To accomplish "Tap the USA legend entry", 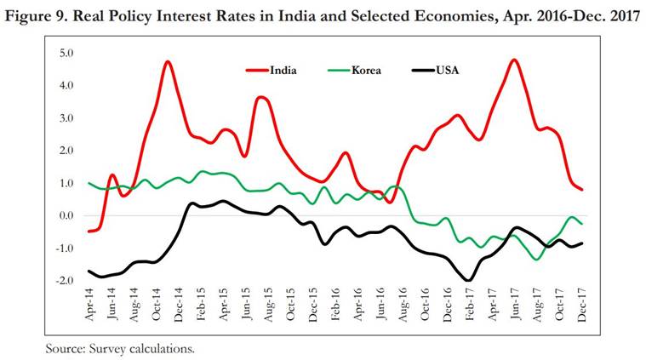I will (431, 70).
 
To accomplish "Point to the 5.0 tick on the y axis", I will (66, 54).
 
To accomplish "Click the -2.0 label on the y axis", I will (65, 280).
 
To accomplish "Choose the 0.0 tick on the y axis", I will (66, 215).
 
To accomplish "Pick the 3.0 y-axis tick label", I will (66, 118).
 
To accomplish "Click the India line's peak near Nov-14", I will (167, 62).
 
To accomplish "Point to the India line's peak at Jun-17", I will (515, 60).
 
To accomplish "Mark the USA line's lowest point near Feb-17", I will (468, 279).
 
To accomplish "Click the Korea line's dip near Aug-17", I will (538, 258).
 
